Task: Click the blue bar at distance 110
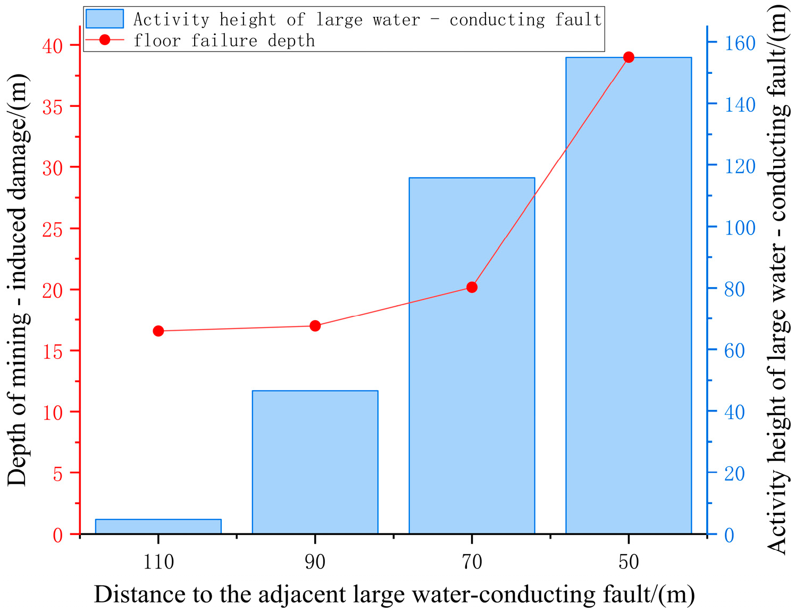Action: [x=158, y=526]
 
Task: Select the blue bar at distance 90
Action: [x=315, y=462]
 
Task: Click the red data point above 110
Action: [x=158, y=331]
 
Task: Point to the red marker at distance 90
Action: [x=315, y=326]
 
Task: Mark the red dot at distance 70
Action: [x=472, y=287]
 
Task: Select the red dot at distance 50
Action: [x=629, y=57]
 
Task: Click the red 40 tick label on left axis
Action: [x=53, y=46]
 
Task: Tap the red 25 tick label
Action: [x=53, y=229]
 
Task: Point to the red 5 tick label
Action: [x=58, y=474]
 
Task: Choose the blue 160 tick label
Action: [x=740, y=43]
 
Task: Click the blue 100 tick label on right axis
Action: [x=740, y=228]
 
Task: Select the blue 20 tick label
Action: [x=734, y=473]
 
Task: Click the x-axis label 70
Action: [x=472, y=561]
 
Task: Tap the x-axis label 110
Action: [x=158, y=561]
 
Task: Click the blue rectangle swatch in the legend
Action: [x=105, y=19]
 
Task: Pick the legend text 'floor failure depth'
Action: [x=224, y=40]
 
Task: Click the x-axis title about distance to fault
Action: [x=394, y=594]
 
